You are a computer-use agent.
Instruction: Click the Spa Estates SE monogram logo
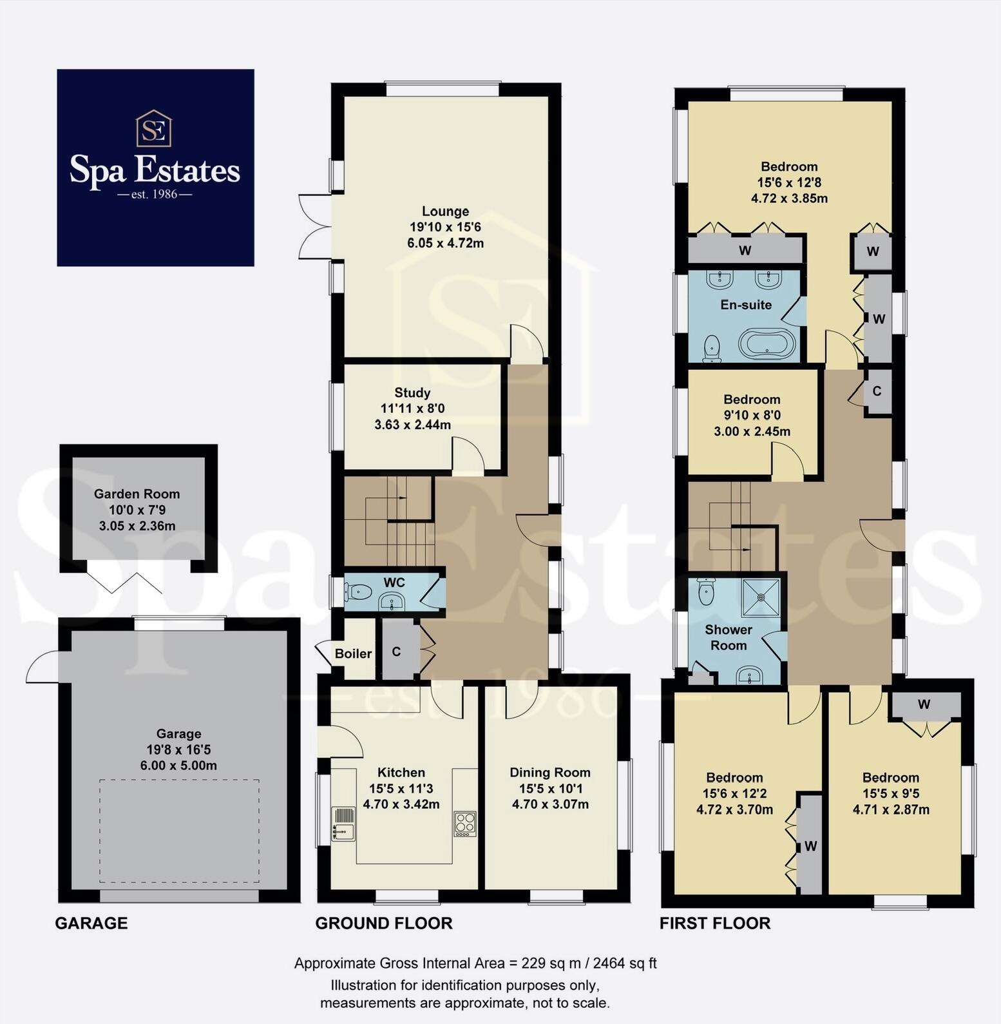pyautogui.click(x=154, y=128)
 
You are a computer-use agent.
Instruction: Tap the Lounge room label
pyautogui.click(x=445, y=211)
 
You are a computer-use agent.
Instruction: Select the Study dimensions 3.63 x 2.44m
pyautogui.click(x=412, y=425)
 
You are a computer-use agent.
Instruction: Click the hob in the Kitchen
pyautogui.click(x=464, y=823)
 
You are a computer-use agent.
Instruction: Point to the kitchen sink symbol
pyautogui.click(x=343, y=824)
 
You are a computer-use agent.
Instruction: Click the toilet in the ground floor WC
pyautogui.click(x=358, y=590)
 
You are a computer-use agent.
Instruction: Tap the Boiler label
pyautogui.click(x=353, y=653)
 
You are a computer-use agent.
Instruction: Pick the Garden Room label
pyautogui.click(x=137, y=494)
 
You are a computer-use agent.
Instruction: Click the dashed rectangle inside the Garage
pyautogui.click(x=179, y=831)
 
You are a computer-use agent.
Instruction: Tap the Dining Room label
pyautogui.click(x=549, y=772)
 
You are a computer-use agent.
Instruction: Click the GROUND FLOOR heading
pyautogui.click(x=383, y=923)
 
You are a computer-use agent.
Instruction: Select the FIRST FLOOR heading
pyautogui.click(x=714, y=923)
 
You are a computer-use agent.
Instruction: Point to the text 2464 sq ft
pyautogui.click(x=624, y=963)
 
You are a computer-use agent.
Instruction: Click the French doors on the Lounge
pyautogui.click(x=314, y=226)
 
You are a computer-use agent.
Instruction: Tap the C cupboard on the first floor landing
pyautogui.click(x=877, y=391)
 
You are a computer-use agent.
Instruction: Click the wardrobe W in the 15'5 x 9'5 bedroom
pyautogui.click(x=924, y=704)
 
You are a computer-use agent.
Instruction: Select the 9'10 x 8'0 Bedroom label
pyautogui.click(x=751, y=400)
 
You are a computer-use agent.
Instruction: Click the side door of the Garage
pyautogui.click(x=43, y=667)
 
